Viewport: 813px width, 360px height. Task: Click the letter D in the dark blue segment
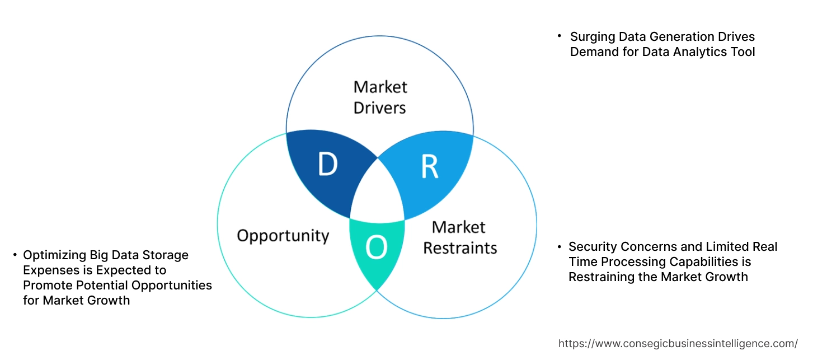pyautogui.click(x=328, y=165)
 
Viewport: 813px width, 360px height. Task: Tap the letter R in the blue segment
pyautogui.click(x=429, y=167)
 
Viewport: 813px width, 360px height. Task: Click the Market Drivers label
pyautogui.click(x=380, y=97)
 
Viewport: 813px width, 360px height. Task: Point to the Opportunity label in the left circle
pyautogui.click(x=283, y=235)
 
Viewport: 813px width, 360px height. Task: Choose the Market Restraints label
pyautogui.click(x=459, y=237)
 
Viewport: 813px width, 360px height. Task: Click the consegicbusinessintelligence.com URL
pyautogui.click(x=678, y=343)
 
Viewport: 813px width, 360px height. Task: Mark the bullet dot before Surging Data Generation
pyautogui.click(x=559, y=36)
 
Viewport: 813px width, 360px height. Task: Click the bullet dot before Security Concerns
pyautogui.click(x=559, y=246)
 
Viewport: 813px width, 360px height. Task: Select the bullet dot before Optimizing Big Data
pyautogui.click(x=15, y=255)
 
